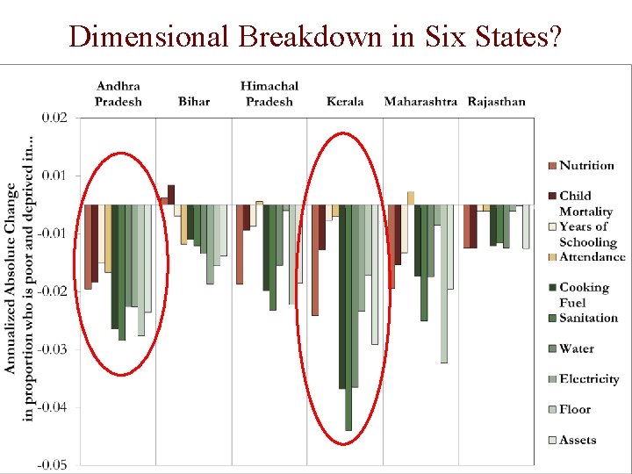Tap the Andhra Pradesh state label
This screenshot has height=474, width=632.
[x=118, y=94]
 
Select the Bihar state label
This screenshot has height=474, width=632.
[x=194, y=101]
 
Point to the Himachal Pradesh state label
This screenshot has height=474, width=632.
[x=269, y=94]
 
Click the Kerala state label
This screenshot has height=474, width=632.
[x=345, y=101]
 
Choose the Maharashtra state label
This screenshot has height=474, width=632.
[x=420, y=101]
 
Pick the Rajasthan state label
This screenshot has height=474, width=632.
[x=497, y=101]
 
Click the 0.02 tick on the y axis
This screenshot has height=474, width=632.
[x=54, y=118]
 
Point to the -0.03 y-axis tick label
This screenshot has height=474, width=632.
[x=52, y=349]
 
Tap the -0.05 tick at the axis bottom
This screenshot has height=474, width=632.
[x=52, y=464]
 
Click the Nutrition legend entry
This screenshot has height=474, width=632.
[x=586, y=166]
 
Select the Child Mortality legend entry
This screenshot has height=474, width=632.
[x=585, y=204]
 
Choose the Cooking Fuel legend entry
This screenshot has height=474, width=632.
[x=584, y=295]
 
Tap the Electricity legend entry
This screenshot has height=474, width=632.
[x=589, y=379]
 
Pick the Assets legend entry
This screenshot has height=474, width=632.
[x=578, y=440]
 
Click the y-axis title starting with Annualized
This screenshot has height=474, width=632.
[x=19, y=278]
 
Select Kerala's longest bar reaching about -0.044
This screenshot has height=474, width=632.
[x=348, y=316]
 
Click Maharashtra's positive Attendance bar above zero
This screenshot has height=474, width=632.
[x=410, y=198]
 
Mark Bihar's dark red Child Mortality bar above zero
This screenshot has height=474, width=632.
[x=171, y=195]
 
